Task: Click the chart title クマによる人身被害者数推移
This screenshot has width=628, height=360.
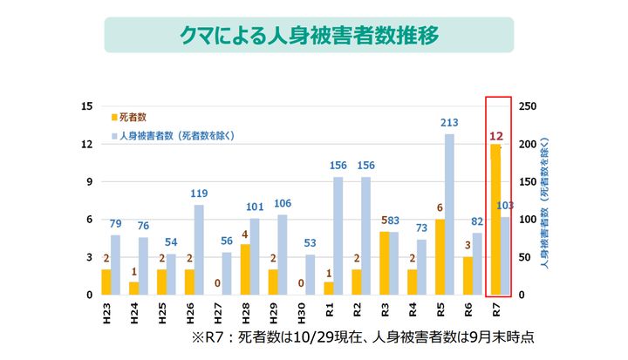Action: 308,36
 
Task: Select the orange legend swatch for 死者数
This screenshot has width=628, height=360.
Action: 113,116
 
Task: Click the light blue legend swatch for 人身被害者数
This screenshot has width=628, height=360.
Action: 113,135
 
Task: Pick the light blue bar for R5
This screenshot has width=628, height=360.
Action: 449,214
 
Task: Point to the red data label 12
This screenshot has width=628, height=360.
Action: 496,135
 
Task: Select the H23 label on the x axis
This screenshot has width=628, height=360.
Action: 106,310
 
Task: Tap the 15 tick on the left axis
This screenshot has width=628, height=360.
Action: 85,106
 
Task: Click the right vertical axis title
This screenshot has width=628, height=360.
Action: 546,200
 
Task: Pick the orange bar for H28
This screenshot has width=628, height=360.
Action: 245,269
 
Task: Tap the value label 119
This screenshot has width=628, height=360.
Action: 199,194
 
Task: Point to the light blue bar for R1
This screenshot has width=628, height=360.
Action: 338,235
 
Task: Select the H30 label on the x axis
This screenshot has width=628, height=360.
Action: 301,310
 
